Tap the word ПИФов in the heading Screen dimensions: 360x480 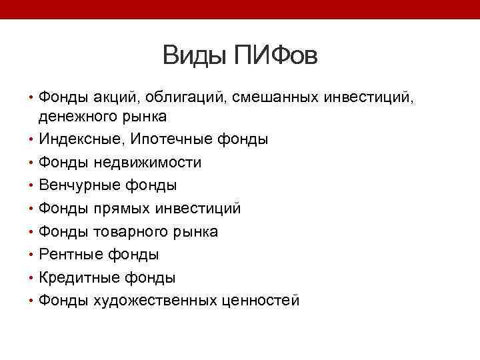click(x=275, y=56)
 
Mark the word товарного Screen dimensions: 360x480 click(x=123, y=231)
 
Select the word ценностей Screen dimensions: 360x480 click(x=261, y=301)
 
